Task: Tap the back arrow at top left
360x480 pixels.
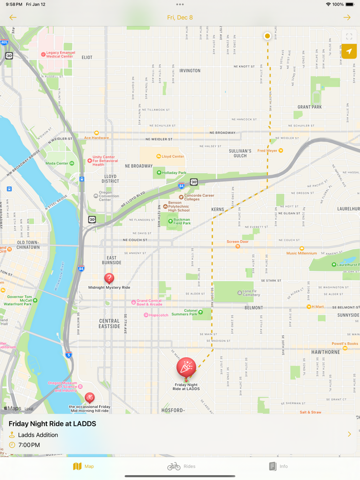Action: tap(13, 17)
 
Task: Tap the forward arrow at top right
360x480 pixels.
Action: tap(347, 17)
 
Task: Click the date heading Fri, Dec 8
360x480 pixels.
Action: tap(180, 17)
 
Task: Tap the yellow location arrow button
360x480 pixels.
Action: tap(349, 51)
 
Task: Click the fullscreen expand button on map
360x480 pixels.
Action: tap(349, 37)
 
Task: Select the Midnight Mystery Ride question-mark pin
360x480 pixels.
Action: tap(109, 279)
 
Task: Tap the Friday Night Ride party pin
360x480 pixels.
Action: tap(186, 367)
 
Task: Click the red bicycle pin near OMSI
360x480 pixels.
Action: tap(89, 397)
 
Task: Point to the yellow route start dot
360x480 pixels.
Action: tap(267, 36)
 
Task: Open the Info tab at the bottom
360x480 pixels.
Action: tap(278, 466)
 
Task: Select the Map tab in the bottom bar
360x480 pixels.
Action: tap(83, 466)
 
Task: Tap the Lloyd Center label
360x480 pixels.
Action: tap(172, 156)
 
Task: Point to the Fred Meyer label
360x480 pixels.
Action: tap(267, 151)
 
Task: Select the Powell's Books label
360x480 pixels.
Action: tap(345, 343)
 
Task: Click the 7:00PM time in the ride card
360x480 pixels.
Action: tap(29, 445)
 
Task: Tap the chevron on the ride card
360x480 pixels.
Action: tap(349, 434)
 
